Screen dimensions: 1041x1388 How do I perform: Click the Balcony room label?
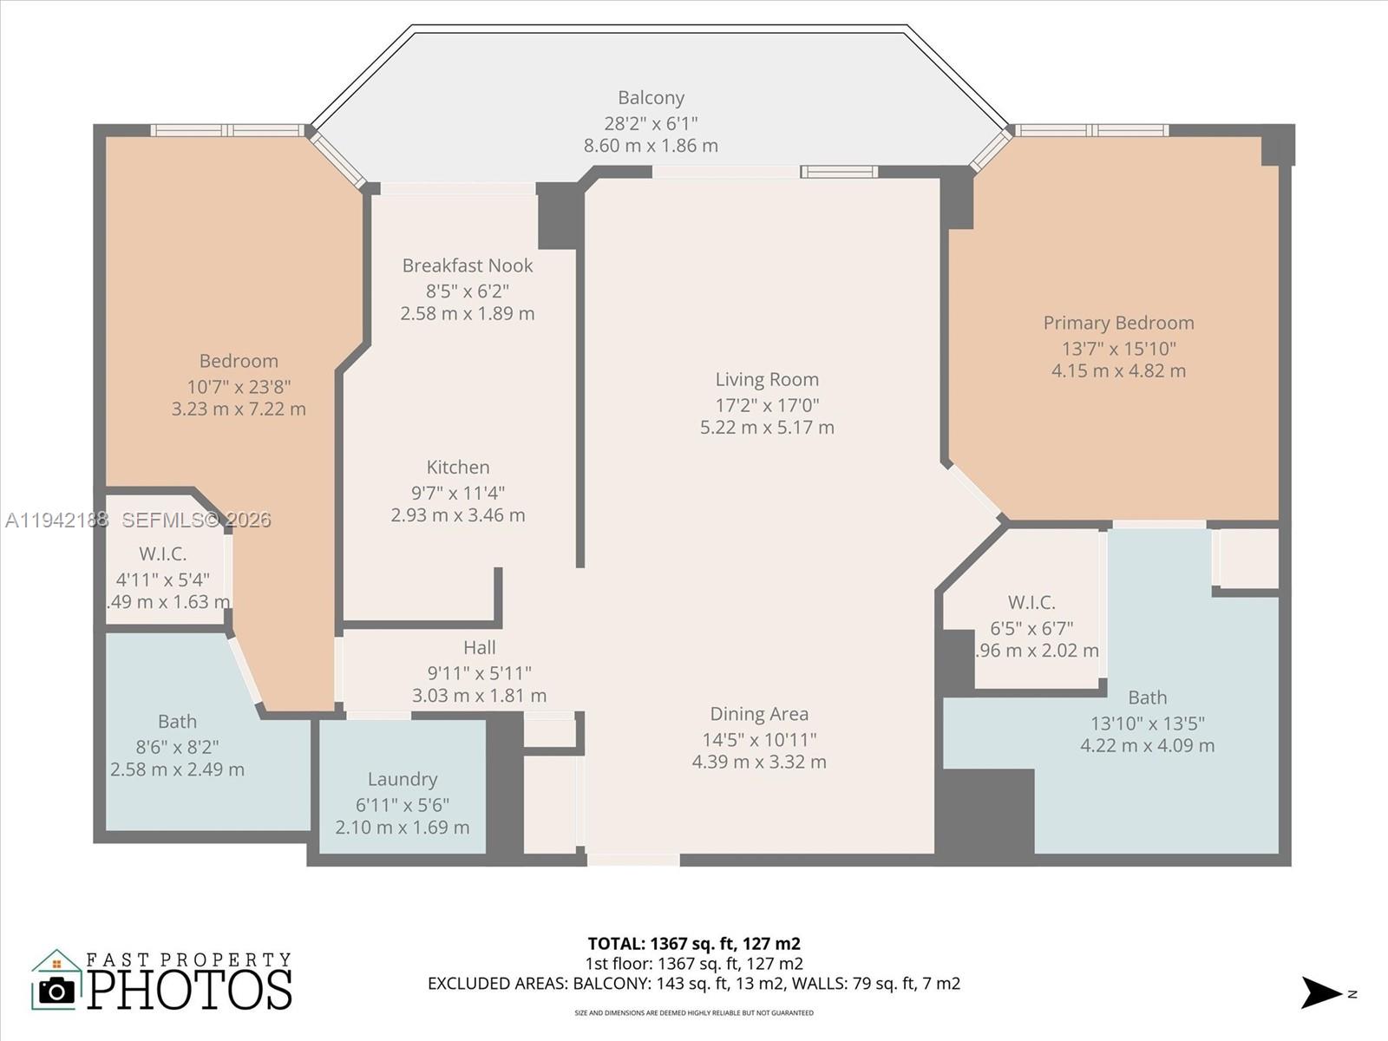point(651,98)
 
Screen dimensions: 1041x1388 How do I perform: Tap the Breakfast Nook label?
point(467,265)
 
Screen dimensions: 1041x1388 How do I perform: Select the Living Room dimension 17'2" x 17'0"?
point(767,404)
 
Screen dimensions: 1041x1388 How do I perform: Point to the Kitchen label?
point(458,468)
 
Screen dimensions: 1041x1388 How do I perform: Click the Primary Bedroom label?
point(1118,323)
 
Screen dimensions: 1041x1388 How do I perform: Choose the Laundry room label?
point(402,779)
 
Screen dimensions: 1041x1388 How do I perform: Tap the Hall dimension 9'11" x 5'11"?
point(479,672)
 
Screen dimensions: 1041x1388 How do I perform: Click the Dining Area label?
point(759,714)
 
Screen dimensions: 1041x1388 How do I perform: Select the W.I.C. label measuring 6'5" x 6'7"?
point(1031,602)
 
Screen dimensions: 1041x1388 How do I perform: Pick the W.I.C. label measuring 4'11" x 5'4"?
point(163,553)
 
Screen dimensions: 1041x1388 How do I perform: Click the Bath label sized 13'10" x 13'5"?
point(1147,697)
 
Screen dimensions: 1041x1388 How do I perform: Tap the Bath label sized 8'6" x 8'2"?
point(177,722)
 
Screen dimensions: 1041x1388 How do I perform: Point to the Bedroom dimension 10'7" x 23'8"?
point(239,387)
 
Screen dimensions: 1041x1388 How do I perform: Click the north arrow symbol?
point(1321,992)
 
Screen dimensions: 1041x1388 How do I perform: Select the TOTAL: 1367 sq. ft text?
point(693,943)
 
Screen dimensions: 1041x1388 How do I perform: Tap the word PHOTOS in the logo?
point(189,990)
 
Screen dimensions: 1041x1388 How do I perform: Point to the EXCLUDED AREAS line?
point(693,984)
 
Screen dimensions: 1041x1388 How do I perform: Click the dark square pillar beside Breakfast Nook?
point(557,216)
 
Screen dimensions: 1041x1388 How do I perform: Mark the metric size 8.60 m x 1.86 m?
point(651,146)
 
